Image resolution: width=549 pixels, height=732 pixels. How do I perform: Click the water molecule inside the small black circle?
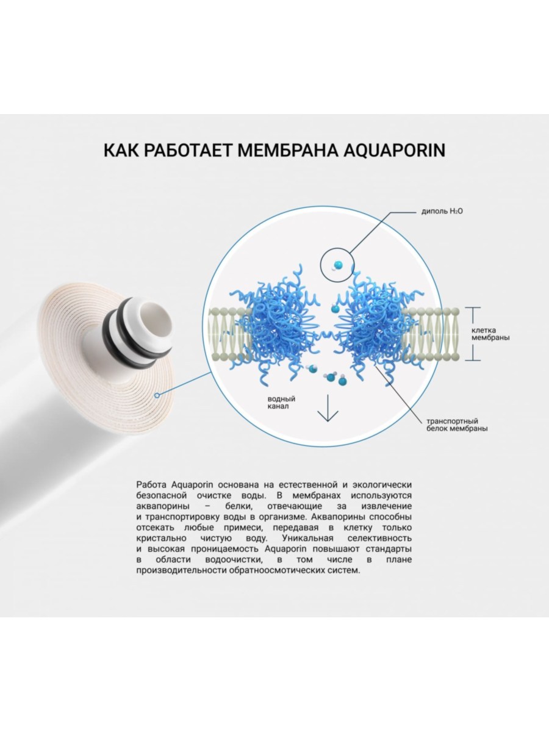coord(337,264)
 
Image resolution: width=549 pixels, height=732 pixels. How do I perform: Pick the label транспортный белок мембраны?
coord(451,425)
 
